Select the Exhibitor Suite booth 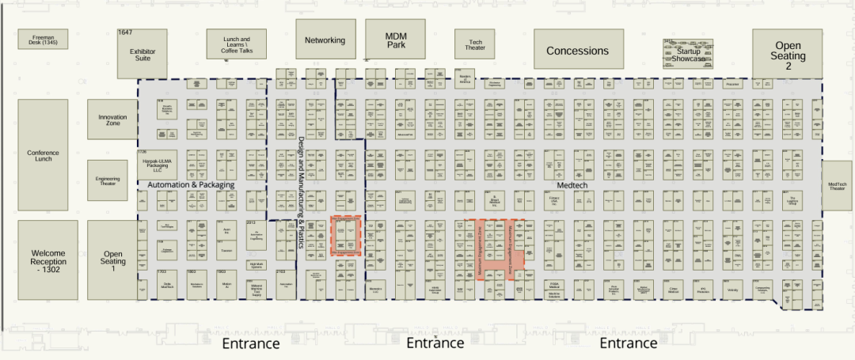[142, 54]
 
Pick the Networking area [325, 40]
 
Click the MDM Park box [395, 40]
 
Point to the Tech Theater [476, 45]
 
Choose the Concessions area [577, 51]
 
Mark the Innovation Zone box [112, 120]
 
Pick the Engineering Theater [107, 180]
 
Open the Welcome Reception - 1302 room [48, 260]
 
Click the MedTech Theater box [838, 186]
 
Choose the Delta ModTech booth [167, 285]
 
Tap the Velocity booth [732, 290]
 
